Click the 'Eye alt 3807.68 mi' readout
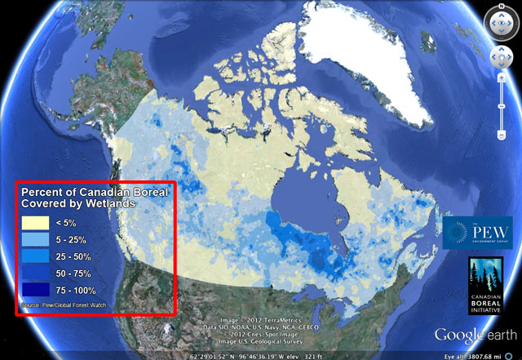480,355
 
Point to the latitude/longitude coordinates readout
245,355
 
